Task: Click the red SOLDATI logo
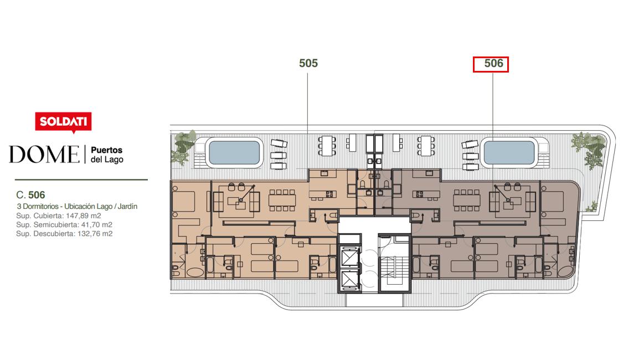coord(63,122)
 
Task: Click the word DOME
coord(44,155)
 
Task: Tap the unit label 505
coord(308,63)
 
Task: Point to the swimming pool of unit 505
coord(234,152)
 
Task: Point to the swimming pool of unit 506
coord(509,152)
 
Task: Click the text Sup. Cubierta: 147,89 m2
coord(58,216)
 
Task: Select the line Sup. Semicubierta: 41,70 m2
coord(64,225)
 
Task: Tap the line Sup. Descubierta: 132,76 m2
coord(64,234)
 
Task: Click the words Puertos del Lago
coord(107,155)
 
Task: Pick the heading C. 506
coord(31,195)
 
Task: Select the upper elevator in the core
coord(350,257)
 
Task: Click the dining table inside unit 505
coord(282,200)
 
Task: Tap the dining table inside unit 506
coord(467,200)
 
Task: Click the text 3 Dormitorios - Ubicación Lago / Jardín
coord(77,206)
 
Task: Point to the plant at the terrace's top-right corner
coord(589,150)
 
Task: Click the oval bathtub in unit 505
coord(195,272)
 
